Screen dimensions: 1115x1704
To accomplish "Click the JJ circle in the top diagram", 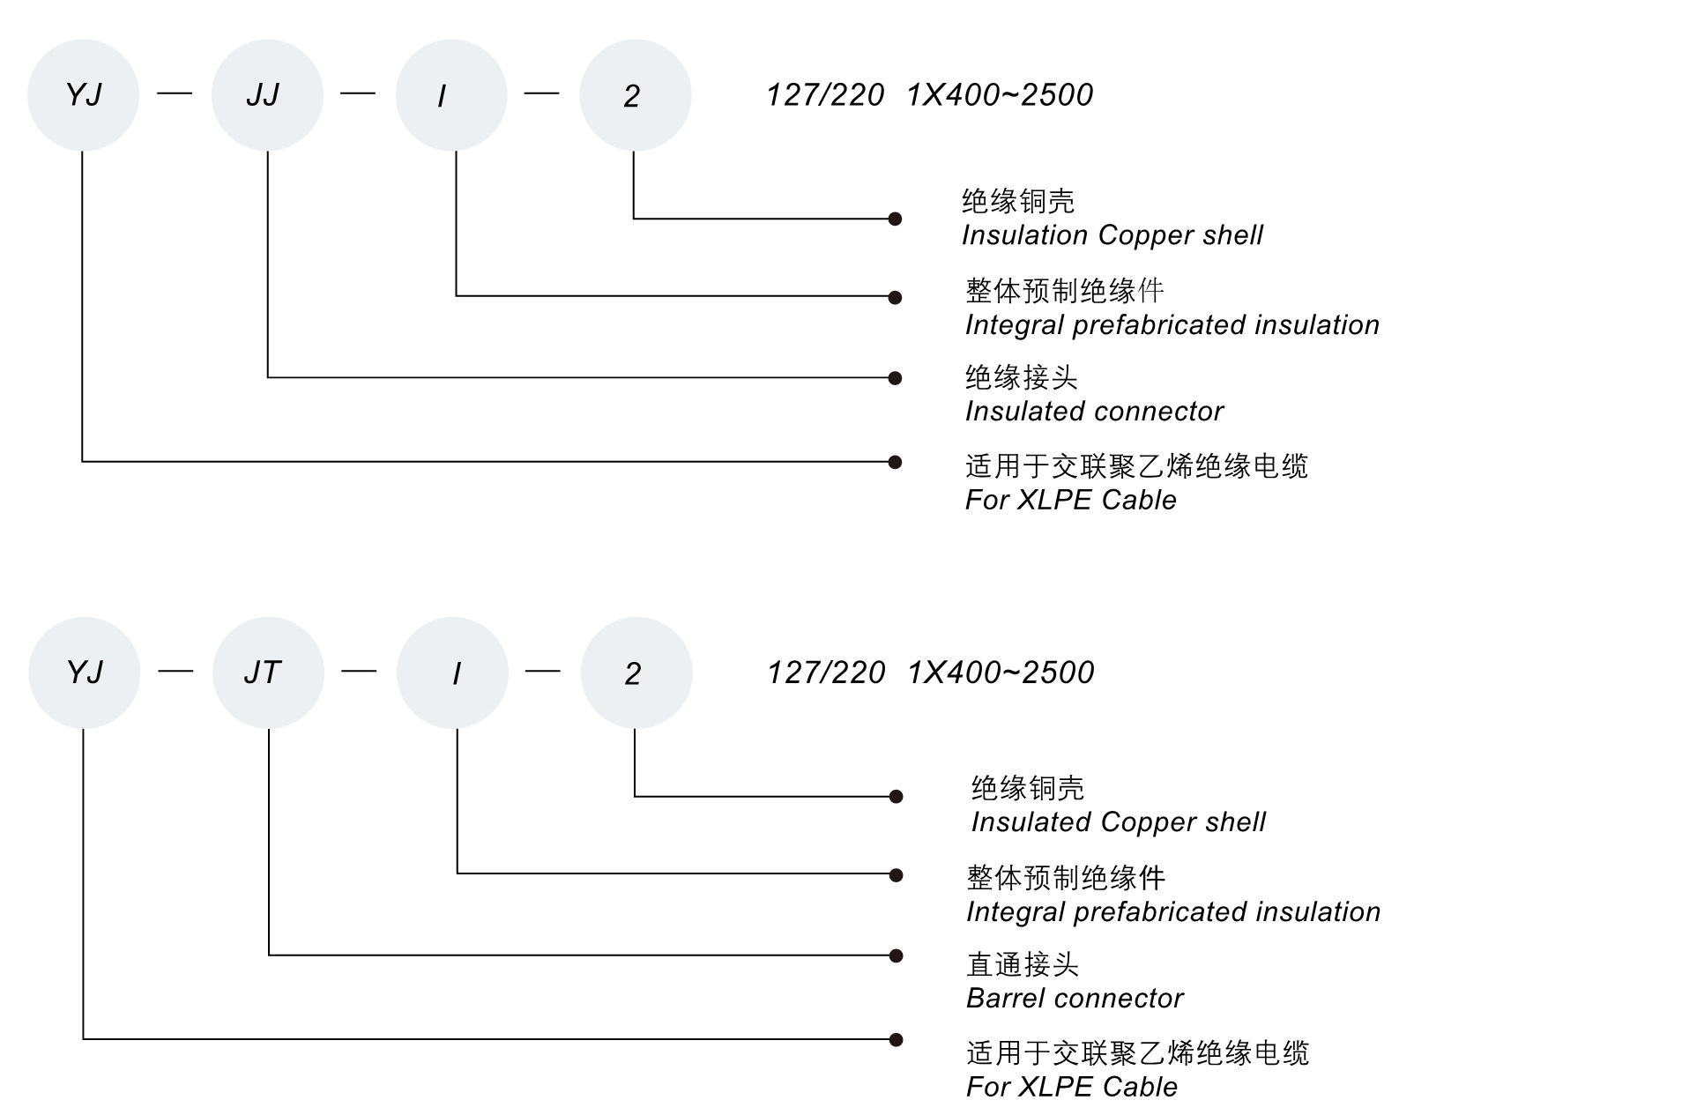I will point(266,95).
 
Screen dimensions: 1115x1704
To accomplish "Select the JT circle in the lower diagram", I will point(268,673).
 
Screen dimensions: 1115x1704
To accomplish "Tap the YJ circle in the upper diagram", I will point(83,95).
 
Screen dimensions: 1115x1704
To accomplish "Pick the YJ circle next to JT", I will point(84,673).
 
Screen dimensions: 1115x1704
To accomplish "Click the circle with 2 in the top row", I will point(635,95).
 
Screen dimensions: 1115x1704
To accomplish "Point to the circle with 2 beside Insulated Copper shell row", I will point(636,673).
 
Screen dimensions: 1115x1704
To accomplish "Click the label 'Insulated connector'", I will point(1093,412).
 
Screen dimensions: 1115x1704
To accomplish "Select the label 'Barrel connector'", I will point(1074,999).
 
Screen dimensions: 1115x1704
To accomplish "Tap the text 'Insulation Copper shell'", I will point(1112,235).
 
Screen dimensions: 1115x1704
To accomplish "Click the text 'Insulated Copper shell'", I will point(1118,822).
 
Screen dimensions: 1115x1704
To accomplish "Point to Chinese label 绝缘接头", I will point(1021,378).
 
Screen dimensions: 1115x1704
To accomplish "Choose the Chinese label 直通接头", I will point(1023,964).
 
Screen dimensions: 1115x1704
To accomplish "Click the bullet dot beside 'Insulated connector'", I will point(895,378).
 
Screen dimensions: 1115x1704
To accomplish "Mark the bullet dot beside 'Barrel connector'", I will point(896,955).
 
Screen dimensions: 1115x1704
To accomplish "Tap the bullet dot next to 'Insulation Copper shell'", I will point(895,219).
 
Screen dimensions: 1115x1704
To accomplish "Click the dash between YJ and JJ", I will point(175,93).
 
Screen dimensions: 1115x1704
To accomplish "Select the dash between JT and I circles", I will point(359,671).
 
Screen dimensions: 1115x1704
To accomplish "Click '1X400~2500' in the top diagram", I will point(1000,95).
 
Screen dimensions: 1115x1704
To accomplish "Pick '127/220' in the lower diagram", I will point(826,673).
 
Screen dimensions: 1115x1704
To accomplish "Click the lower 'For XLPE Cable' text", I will point(1071,1087).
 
